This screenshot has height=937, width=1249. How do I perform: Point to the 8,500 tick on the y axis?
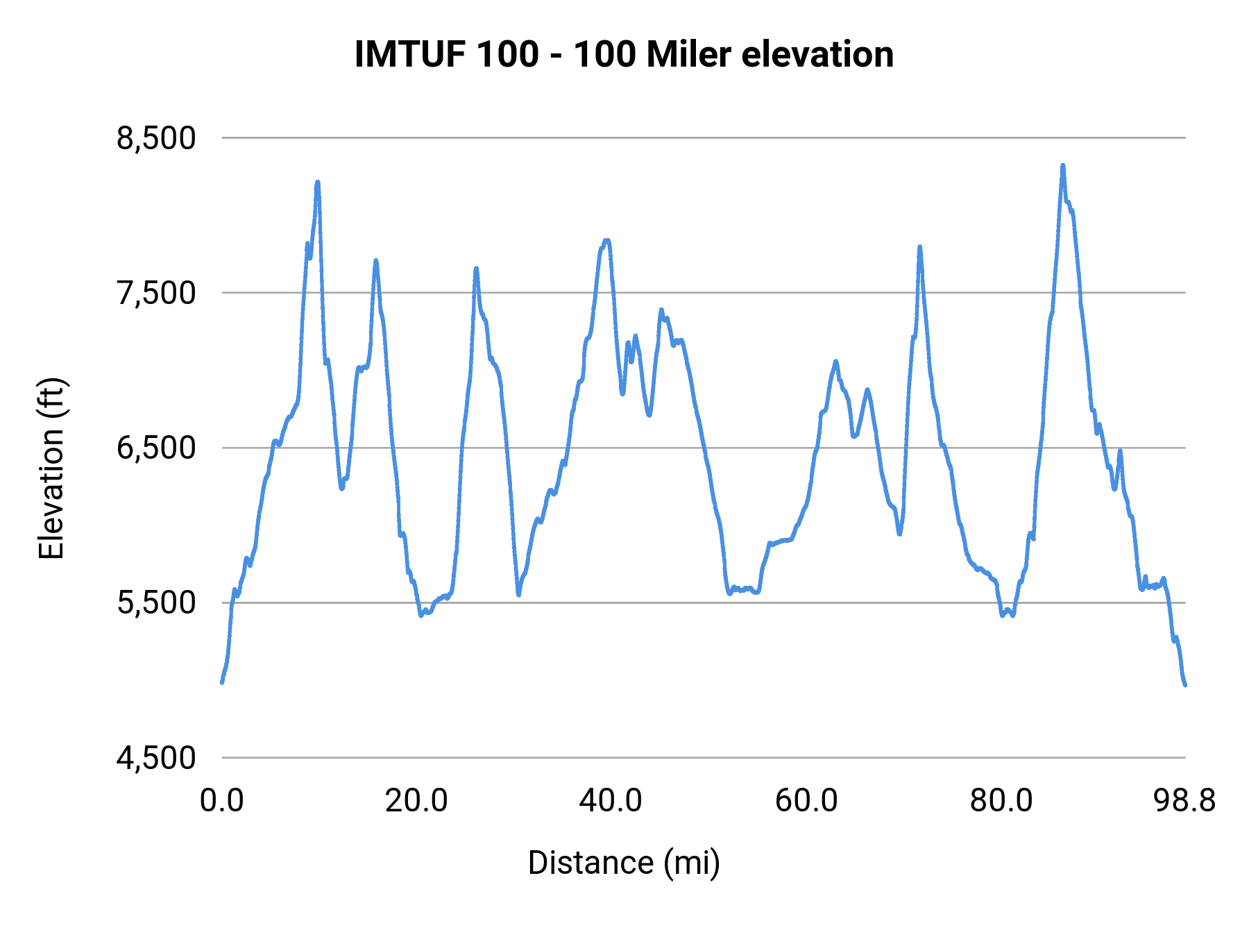tap(156, 138)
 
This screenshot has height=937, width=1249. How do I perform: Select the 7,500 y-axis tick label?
tap(156, 293)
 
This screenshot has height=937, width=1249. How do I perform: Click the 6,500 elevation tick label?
tap(156, 448)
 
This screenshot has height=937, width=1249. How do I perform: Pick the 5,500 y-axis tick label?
tap(156, 602)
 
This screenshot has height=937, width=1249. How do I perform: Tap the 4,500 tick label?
tap(156, 757)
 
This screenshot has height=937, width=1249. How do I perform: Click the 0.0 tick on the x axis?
tap(222, 800)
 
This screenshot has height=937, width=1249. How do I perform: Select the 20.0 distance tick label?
tap(416, 800)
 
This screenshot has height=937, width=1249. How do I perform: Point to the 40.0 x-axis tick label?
tap(611, 800)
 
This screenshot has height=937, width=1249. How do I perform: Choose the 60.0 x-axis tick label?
tap(806, 800)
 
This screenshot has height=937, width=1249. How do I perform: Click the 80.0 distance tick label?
tap(1001, 800)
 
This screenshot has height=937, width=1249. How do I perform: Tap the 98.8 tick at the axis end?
tap(1184, 800)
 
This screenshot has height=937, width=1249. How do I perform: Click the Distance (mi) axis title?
tap(624, 863)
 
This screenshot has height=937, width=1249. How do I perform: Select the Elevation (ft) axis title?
tap(51, 468)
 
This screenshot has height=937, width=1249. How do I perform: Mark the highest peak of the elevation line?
tap(1062, 166)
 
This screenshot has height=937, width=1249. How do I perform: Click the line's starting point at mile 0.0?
tap(222, 682)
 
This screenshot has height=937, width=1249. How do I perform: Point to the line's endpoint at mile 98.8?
tap(1185, 685)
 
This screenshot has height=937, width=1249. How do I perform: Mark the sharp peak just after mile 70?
tap(919, 247)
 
